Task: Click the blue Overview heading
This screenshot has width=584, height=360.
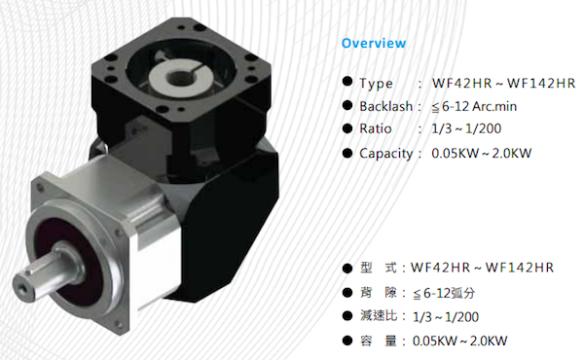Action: (374, 43)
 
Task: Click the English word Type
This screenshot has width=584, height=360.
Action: (376, 84)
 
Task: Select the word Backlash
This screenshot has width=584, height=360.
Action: (385, 106)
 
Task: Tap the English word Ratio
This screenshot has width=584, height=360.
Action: (376, 128)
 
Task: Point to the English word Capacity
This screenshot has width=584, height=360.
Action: (385, 154)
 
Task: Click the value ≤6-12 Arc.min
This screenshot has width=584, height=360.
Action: (474, 107)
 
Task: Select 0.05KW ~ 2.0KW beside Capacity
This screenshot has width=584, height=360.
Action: (481, 154)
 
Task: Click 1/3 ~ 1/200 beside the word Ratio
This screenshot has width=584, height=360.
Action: (466, 128)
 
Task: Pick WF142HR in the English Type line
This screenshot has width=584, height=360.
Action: (541, 84)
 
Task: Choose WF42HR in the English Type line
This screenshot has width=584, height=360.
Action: (461, 84)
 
